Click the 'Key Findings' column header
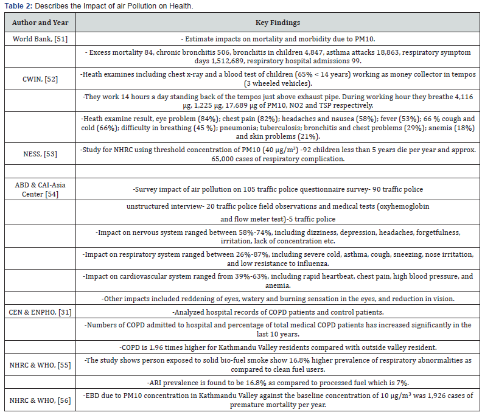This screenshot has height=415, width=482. tap(278, 23)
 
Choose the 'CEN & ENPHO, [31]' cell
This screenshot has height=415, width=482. tap(39, 312)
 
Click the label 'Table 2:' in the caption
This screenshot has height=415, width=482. tap(15, 6)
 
